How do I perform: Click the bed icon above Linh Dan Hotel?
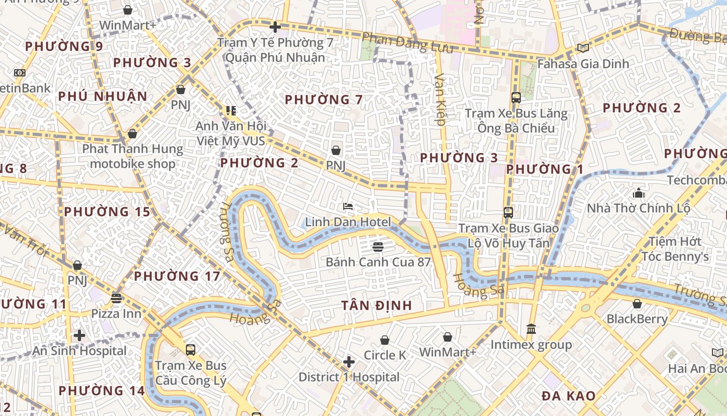348,207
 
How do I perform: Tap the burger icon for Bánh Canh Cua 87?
378,246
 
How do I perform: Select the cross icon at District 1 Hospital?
349,361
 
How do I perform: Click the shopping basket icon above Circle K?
385,340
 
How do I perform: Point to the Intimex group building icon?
531,329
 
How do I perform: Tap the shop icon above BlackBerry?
637,304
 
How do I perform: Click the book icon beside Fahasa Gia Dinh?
583,48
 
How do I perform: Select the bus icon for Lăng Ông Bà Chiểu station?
516,97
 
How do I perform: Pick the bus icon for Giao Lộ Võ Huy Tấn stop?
508,212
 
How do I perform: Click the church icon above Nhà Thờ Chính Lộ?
638,193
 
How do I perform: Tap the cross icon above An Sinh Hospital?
79,335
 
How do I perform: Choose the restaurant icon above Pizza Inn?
116,298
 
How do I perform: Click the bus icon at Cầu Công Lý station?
191,349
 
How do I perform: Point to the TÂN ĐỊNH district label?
376,306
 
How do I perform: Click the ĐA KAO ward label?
569,396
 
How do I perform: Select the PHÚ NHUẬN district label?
103,96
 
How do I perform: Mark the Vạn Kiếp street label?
440,99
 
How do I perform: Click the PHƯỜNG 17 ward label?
177,276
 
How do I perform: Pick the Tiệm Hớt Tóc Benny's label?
675,249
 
